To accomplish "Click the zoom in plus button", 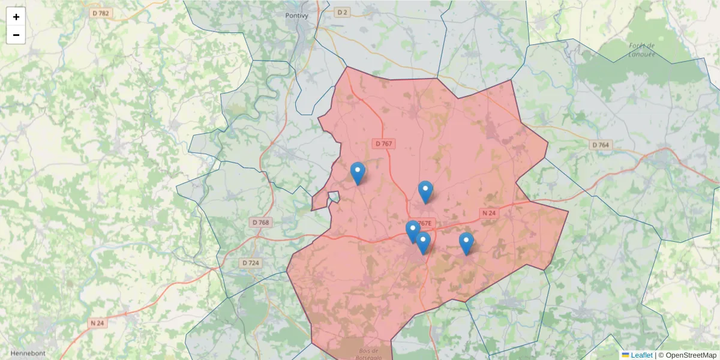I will (16, 17).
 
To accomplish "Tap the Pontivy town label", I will (296, 16).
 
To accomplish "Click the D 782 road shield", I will (100, 13).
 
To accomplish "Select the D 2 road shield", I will (342, 12).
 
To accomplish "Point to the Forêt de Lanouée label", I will (641, 50).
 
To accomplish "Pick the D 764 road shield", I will (600, 145).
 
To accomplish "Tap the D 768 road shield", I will (260, 222).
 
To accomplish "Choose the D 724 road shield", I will (250, 263).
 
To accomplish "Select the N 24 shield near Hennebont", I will (97, 323).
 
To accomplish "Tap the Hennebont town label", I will (28, 353).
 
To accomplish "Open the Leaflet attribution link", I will (641, 355).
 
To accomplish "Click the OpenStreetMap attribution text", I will (691, 355).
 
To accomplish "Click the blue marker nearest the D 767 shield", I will (358, 173).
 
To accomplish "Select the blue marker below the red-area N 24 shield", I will (466, 243).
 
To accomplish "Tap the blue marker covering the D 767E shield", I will (413, 231).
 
